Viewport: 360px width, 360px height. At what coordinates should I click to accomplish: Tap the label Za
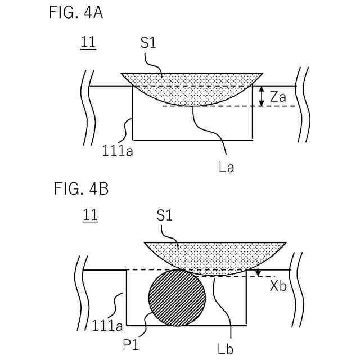[x=278, y=97]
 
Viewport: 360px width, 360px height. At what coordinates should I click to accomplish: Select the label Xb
[x=278, y=285]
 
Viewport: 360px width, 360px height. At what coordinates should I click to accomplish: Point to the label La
[x=227, y=166]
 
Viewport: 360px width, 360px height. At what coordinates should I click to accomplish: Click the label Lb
[x=226, y=349]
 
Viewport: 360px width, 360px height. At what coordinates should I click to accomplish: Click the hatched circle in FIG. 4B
[x=176, y=298]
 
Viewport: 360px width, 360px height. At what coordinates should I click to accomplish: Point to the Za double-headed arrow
[x=261, y=96]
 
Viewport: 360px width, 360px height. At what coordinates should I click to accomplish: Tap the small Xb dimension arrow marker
[x=259, y=273]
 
